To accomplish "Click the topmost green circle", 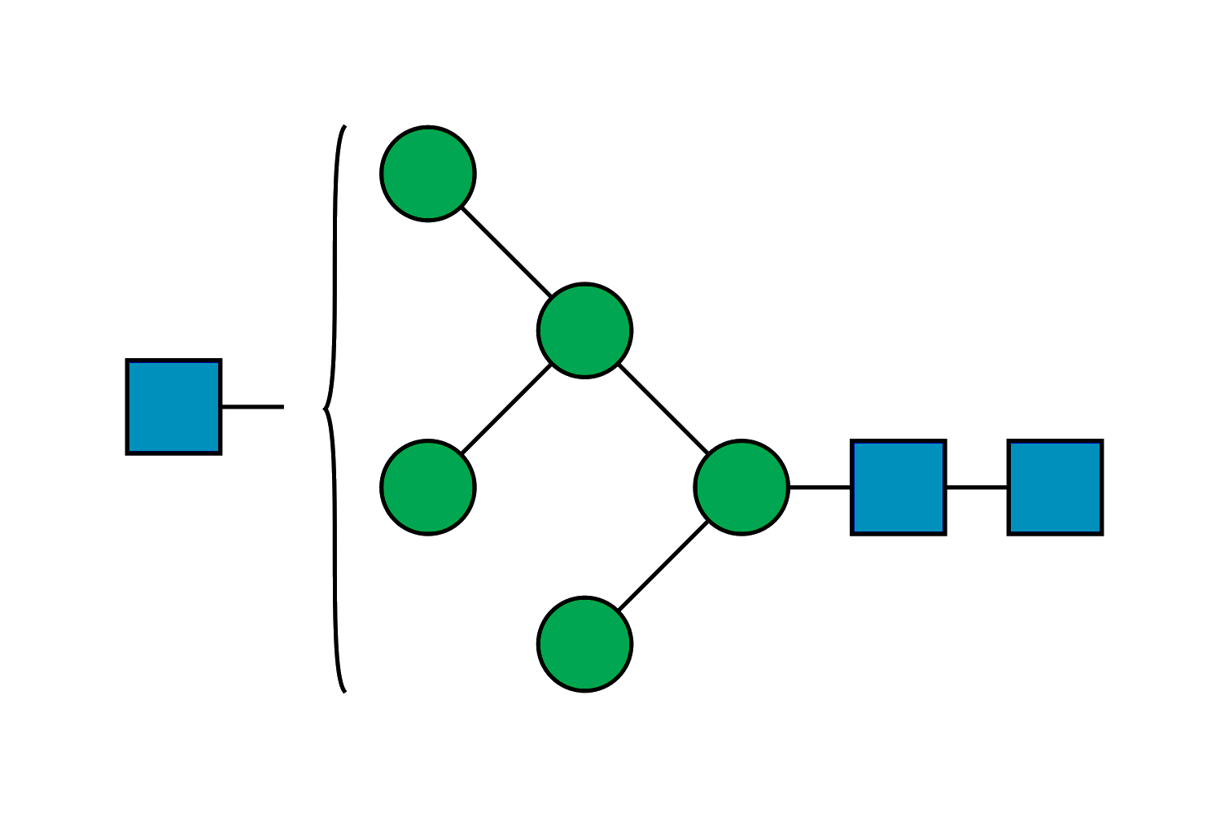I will click(x=428, y=173).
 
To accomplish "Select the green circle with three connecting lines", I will click(x=584, y=330).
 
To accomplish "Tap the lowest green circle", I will click(x=584, y=644).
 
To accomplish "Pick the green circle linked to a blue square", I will click(x=741, y=488).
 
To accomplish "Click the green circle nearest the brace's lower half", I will click(x=428, y=488).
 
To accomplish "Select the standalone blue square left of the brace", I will click(x=173, y=407).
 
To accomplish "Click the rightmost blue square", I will click(x=1055, y=488).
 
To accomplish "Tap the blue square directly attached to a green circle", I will click(x=899, y=488).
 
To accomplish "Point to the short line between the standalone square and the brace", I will click(x=252, y=406).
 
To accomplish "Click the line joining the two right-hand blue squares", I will click(x=977, y=488).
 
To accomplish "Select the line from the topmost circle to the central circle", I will click(x=506, y=252).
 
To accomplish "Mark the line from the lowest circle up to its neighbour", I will click(x=663, y=566).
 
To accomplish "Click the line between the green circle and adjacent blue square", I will click(x=820, y=488).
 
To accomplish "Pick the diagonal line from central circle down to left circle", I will click(x=506, y=409).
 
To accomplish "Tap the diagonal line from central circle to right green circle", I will click(x=663, y=409).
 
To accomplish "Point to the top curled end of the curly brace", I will click(x=344, y=127).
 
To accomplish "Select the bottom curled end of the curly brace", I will click(x=344, y=691).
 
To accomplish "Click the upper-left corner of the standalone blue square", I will click(x=128, y=361).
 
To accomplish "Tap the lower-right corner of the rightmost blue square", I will click(x=1101, y=533).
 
